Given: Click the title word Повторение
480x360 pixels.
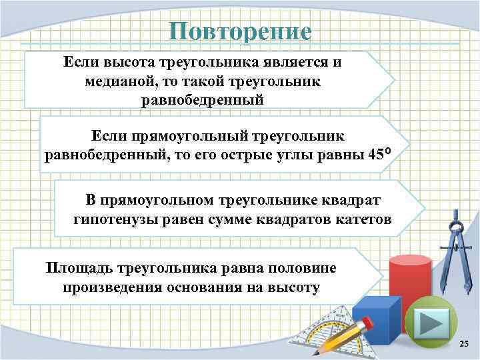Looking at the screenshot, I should pyautogui.click(x=240, y=31).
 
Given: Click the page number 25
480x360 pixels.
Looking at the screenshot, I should pyautogui.click(x=464, y=343).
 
